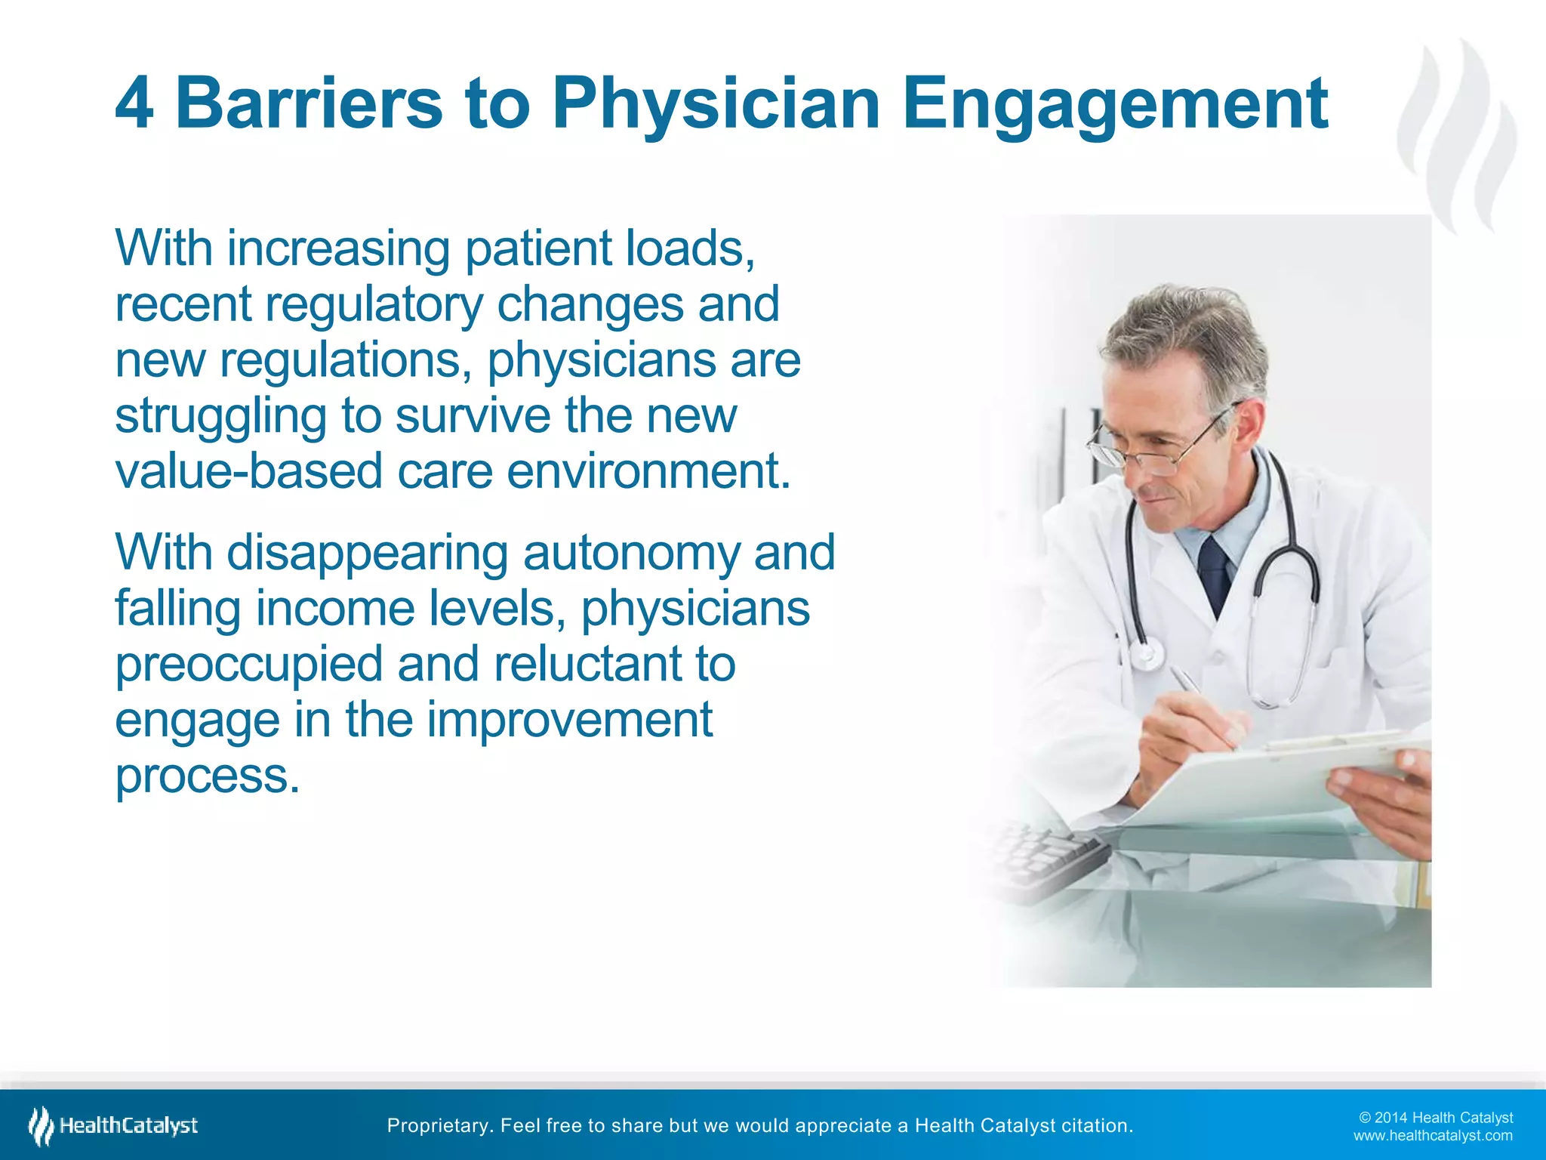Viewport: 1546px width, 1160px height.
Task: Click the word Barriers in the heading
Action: tap(309, 103)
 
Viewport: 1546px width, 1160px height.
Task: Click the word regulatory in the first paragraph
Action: tap(374, 306)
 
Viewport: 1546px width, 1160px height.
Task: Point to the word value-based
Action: tap(249, 472)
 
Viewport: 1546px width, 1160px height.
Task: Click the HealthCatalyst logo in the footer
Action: tap(113, 1126)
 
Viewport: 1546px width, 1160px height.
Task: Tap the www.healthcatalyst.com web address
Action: tap(1433, 1136)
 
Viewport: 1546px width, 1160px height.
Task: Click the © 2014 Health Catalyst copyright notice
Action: tap(1436, 1118)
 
